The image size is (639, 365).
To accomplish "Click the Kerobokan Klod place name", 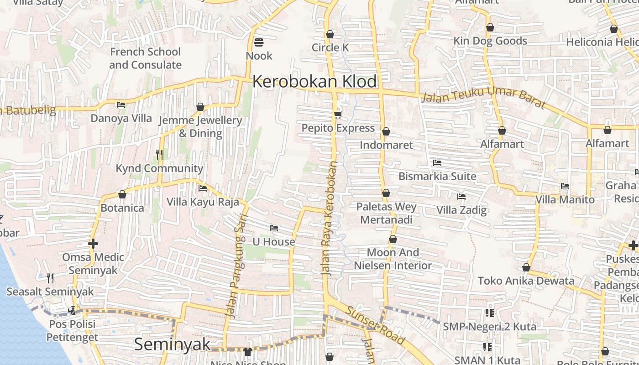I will [x=314, y=82].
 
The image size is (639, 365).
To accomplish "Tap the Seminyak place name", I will [x=173, y=344].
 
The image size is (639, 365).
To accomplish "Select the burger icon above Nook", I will [x=259, y=42].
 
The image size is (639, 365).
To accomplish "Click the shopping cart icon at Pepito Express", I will [x=338, y=114].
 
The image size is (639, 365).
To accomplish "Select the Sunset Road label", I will [x=375, y=325].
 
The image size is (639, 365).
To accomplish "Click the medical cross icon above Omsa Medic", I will [x=93, y=244].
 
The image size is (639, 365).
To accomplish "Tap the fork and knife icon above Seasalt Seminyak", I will [x=50, y=278].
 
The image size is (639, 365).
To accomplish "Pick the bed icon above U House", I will [x=274, y=228].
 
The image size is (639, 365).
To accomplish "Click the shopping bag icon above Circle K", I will [x=330, y=34].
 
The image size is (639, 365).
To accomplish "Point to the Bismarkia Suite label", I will [x=437, y=176].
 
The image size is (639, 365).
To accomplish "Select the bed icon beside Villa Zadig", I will [x=461, y=197].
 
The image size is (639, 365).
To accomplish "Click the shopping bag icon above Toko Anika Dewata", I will [x=526, y=267].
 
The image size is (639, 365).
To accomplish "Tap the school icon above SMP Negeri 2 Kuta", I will [x=489, y=313].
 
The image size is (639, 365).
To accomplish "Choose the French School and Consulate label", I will [x=145, y=58].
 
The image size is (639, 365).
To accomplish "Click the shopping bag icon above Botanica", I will [x=122, y=194].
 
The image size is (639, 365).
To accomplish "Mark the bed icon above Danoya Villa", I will [x=121, y=105].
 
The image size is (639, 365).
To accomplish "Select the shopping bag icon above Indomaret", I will [x=386, y=131].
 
